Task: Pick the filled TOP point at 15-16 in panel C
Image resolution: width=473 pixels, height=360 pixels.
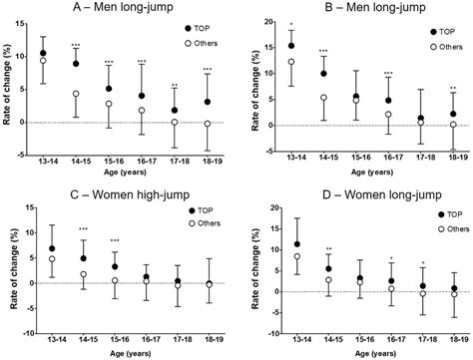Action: [x=115, y=267]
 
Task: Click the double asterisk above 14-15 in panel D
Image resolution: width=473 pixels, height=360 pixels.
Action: [x=330, y=248]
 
